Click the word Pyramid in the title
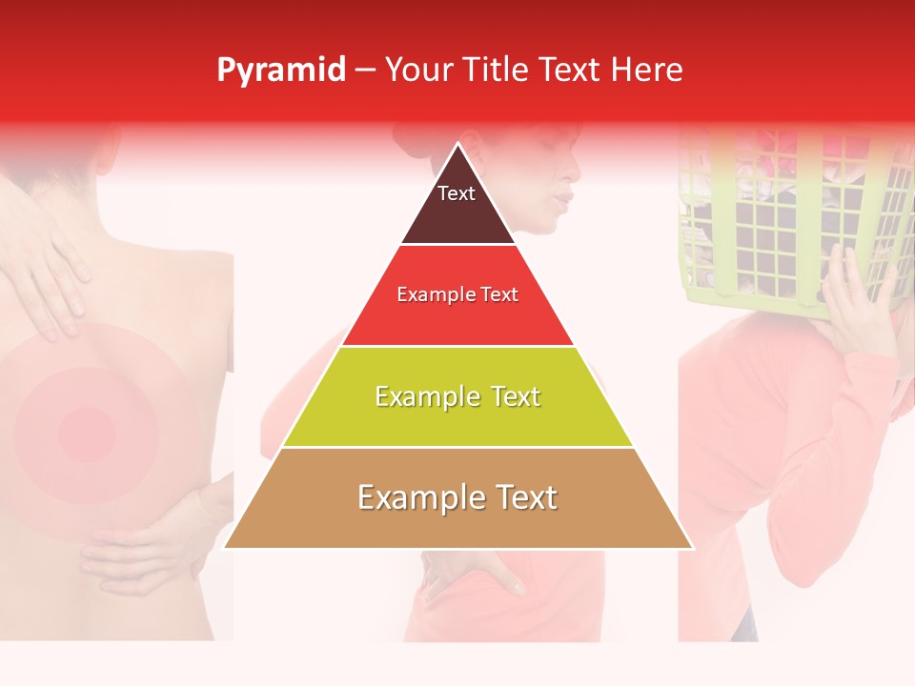pos(281,71)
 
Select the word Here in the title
pos(647,71)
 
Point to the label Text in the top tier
pos(456,193)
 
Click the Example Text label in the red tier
pos(457,294)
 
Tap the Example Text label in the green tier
pos(457,396)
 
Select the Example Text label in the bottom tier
pos(457,497)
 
